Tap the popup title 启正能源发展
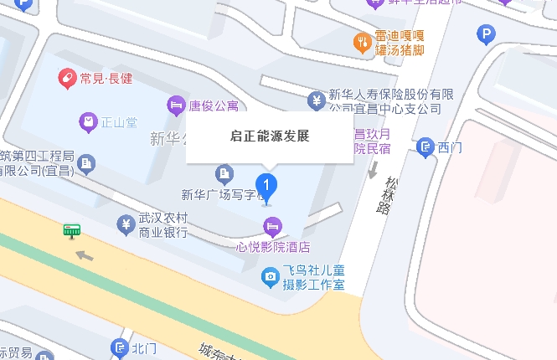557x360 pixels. click(270, 136)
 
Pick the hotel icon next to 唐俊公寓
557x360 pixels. click(176, 105)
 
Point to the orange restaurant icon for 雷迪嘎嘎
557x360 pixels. click(362, 42)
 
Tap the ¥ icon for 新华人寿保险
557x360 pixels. click(317, 100)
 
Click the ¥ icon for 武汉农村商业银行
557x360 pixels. click(125, 224)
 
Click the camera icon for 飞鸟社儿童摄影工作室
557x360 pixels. click(270, 275)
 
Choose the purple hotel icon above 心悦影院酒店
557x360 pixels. click(272, 226)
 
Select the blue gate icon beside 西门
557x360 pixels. click(425, 148)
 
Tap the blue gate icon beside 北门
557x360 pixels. click(119, 348)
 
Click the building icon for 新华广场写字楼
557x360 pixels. click(224, 174)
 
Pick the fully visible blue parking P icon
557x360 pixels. click(486, 34)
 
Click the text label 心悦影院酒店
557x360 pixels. click(274, 247)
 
